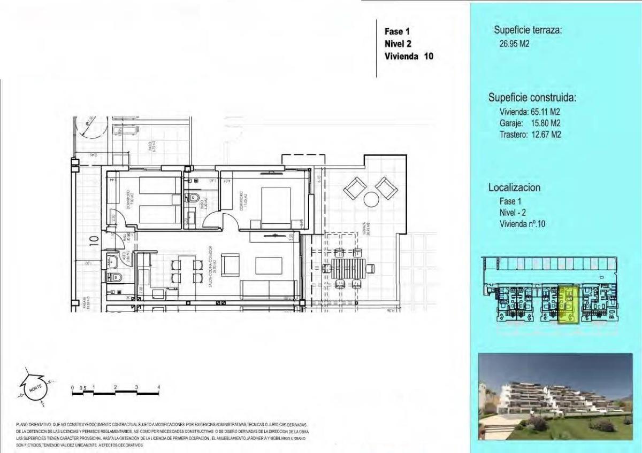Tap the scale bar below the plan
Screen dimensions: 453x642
(115, 393)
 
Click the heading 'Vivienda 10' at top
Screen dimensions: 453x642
(409, 56)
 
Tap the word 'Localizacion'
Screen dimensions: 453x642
(514, 188)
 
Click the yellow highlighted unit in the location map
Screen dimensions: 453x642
(568, 305)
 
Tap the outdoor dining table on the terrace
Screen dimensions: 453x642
(350, 268)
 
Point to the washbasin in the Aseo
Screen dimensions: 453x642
(113, 262)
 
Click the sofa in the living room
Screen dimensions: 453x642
(267, 288)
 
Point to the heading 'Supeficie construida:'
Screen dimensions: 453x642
(532, 98)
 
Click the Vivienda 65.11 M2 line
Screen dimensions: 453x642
(530, 112)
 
